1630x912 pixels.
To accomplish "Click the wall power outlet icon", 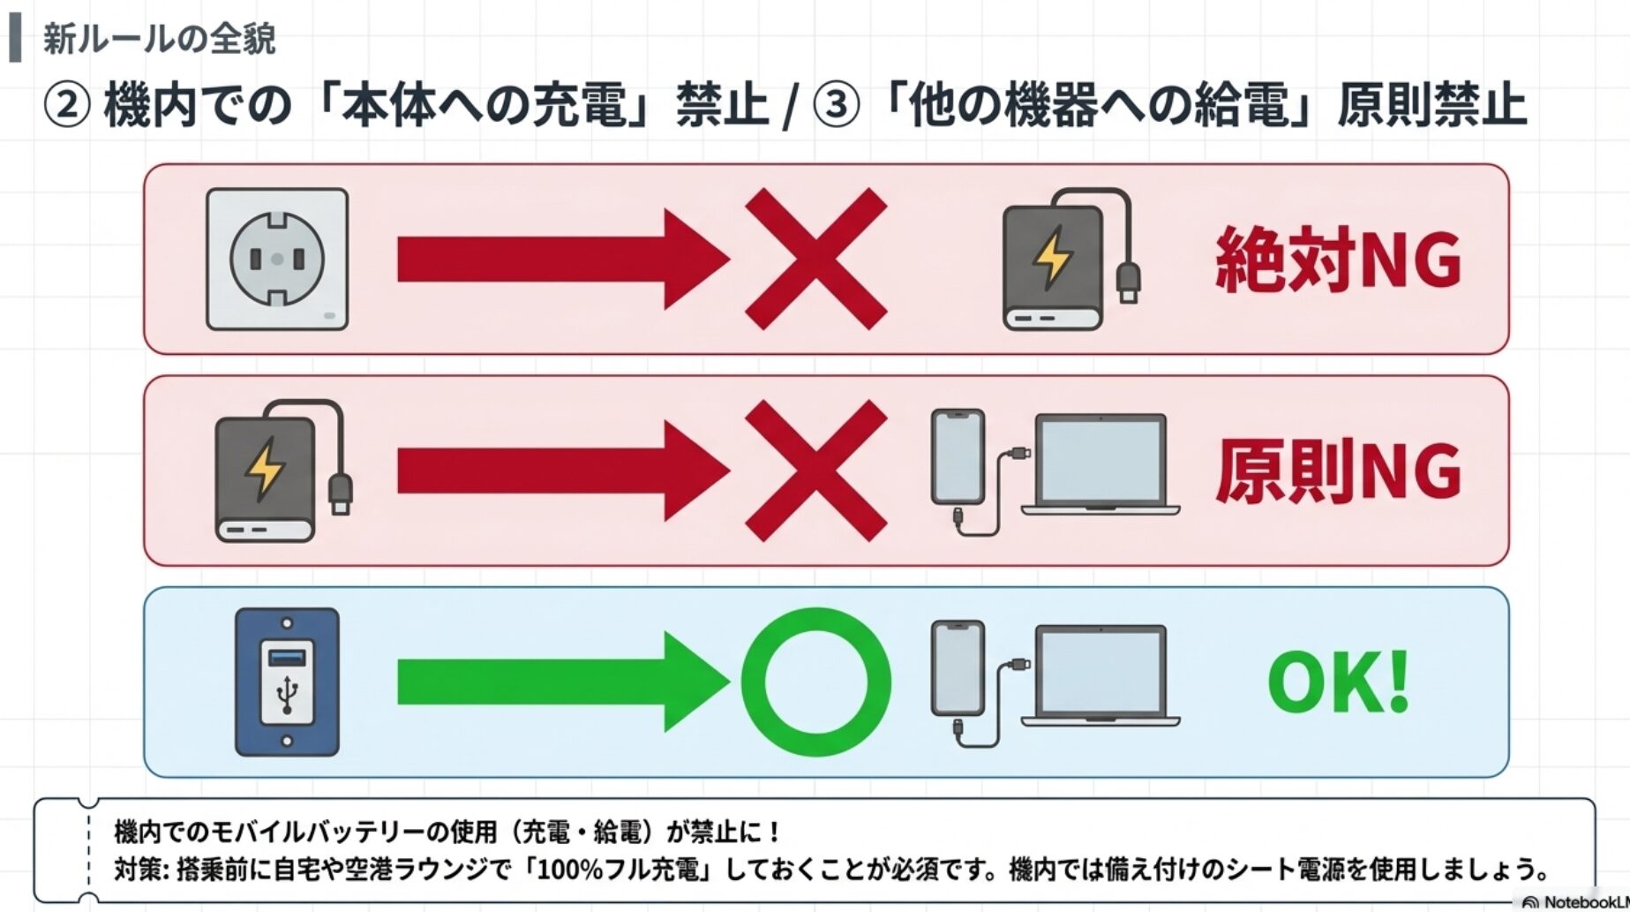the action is click(277, 260).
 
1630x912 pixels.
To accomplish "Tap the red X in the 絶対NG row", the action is click(816, 259).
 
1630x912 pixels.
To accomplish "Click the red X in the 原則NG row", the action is click(816, 471).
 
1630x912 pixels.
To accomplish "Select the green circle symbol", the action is click(816, 682).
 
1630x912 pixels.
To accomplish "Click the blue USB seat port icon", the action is click(287, 682).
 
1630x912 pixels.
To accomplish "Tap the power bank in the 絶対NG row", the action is click(1071, 259).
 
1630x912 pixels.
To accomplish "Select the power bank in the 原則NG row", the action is click(283, 471).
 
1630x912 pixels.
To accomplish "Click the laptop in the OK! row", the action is click(1100, 676).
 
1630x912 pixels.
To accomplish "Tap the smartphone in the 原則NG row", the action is click(958, 457).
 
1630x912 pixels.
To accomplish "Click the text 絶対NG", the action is click(1338, 259).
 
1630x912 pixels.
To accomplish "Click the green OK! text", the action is click(1338, 682).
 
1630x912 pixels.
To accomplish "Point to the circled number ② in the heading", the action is click(67, 105).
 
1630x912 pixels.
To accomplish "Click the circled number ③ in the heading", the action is click(835, 105).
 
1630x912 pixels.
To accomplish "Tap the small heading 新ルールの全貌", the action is click(160, 39).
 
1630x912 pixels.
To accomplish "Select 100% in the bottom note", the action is click(569, 870).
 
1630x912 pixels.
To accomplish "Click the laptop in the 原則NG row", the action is click(1100, 465).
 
